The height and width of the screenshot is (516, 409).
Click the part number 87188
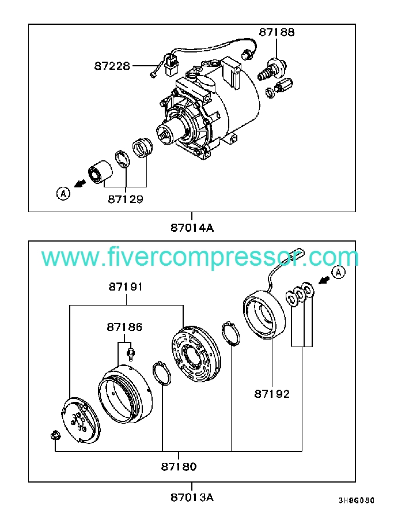pyautogui.click(x=277, y=32)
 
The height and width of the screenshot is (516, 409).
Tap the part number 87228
pyautogui.click(x=112, y=66)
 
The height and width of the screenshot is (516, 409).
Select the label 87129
pyautogui.click(x=125, y=199)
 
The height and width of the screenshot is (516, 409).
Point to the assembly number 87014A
pyautogui.click(x=192, y=227)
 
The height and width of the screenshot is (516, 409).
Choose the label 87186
pyautogui.click(x=124, y=327)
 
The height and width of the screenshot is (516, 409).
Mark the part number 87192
pyautogui.click(x=272, y=394)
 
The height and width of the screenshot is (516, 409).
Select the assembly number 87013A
pyautogui.click(x=192, y=497)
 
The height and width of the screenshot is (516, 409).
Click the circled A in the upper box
pyautogui.click(x=63, y=193)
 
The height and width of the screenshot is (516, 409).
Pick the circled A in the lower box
pyautogui.click(x=338, y=272)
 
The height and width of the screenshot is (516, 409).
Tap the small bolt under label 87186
pyautogui.click(x=131, y=352)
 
